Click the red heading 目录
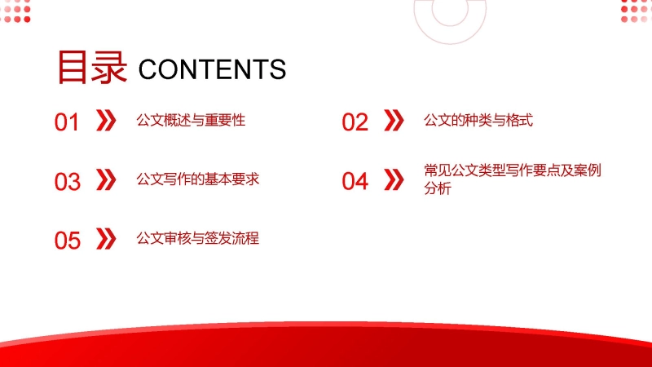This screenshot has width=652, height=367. click(x=91, y=68)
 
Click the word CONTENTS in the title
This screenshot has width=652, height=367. click(x=212, y=69)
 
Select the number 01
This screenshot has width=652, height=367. click(x=67, y=122)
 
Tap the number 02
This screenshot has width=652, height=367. click(x=355, y=122)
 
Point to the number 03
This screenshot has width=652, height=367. click(x=68, y=182)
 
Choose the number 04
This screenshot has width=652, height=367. click(x=355, y=181)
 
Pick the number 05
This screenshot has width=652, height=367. click(x=68, y=241)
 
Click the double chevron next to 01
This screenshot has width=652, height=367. click(x=106, y=121)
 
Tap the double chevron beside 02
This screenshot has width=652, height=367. click(x=394, y=121)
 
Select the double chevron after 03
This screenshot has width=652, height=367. click(x=106, y=179)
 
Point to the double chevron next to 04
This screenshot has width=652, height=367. click(x=394, y=179)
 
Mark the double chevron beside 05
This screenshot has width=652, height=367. click(x=106, y=239)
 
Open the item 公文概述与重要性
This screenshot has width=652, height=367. click(x=191, y=120)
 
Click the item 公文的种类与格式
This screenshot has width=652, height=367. click(x=478, y=120)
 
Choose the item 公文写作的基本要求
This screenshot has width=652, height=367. click(x=198, y=179)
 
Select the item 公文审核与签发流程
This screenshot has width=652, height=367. click(x=198, y=238)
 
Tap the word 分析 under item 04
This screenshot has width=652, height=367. click(x=438, y=188)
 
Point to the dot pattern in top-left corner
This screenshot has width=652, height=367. click(x=15, y=11)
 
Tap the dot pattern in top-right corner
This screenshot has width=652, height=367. click(x=637, y=11)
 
